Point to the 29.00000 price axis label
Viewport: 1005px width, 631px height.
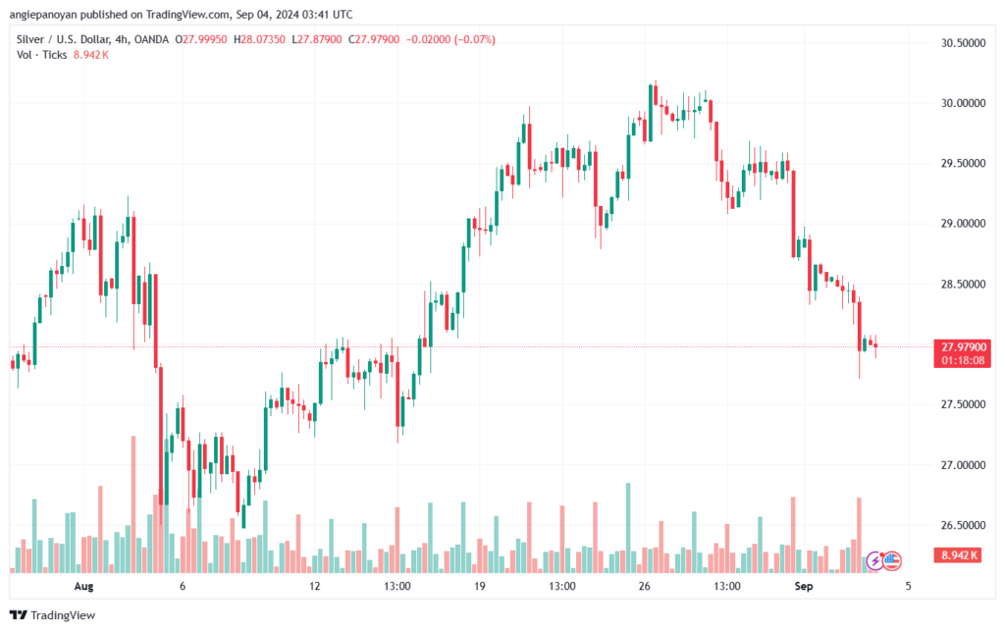coord(958,224)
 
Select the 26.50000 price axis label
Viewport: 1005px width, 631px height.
coord(958,525)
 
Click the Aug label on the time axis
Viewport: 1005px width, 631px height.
coord(83,586)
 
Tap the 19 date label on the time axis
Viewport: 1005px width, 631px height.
coord(479,586)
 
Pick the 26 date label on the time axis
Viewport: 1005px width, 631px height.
coord(645,586)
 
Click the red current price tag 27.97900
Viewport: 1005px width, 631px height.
coord(964,346)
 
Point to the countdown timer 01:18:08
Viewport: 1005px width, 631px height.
coord(964,360)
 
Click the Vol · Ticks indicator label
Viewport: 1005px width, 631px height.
coord(41,55)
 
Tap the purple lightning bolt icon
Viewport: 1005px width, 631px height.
coord(873,560)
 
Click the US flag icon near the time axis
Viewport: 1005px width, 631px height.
coord(891,560)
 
